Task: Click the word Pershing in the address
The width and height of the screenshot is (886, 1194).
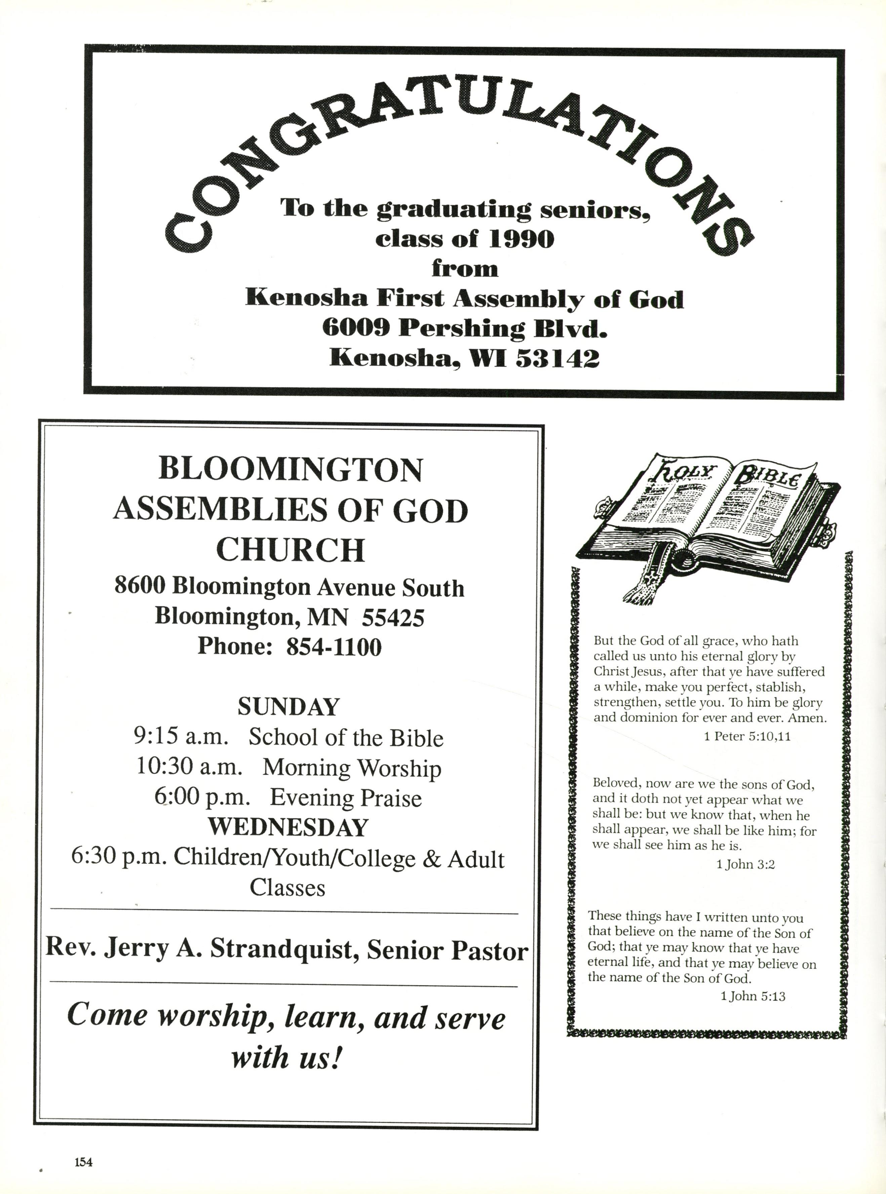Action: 461,328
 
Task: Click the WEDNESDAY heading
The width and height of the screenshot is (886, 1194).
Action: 288,827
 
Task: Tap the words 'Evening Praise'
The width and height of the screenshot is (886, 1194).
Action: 346,798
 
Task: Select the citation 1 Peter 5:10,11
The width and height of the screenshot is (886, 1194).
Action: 747,736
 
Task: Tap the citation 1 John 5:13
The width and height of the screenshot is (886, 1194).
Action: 753,997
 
